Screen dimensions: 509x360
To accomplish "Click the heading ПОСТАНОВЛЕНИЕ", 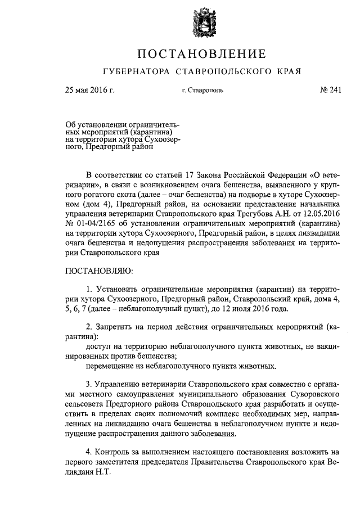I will (x=201, y=55).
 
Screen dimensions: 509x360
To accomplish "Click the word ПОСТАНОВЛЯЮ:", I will (x=100, y=272).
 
